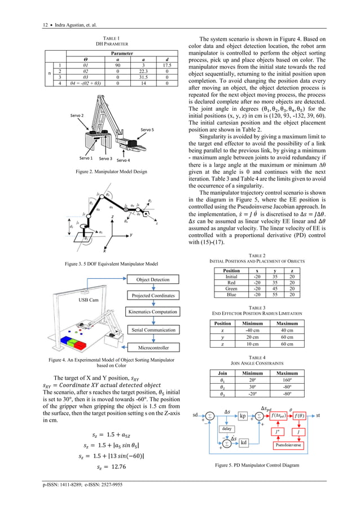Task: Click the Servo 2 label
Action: point(77,115)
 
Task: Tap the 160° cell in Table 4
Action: point(288,381)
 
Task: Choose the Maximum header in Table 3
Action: point(288,323)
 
